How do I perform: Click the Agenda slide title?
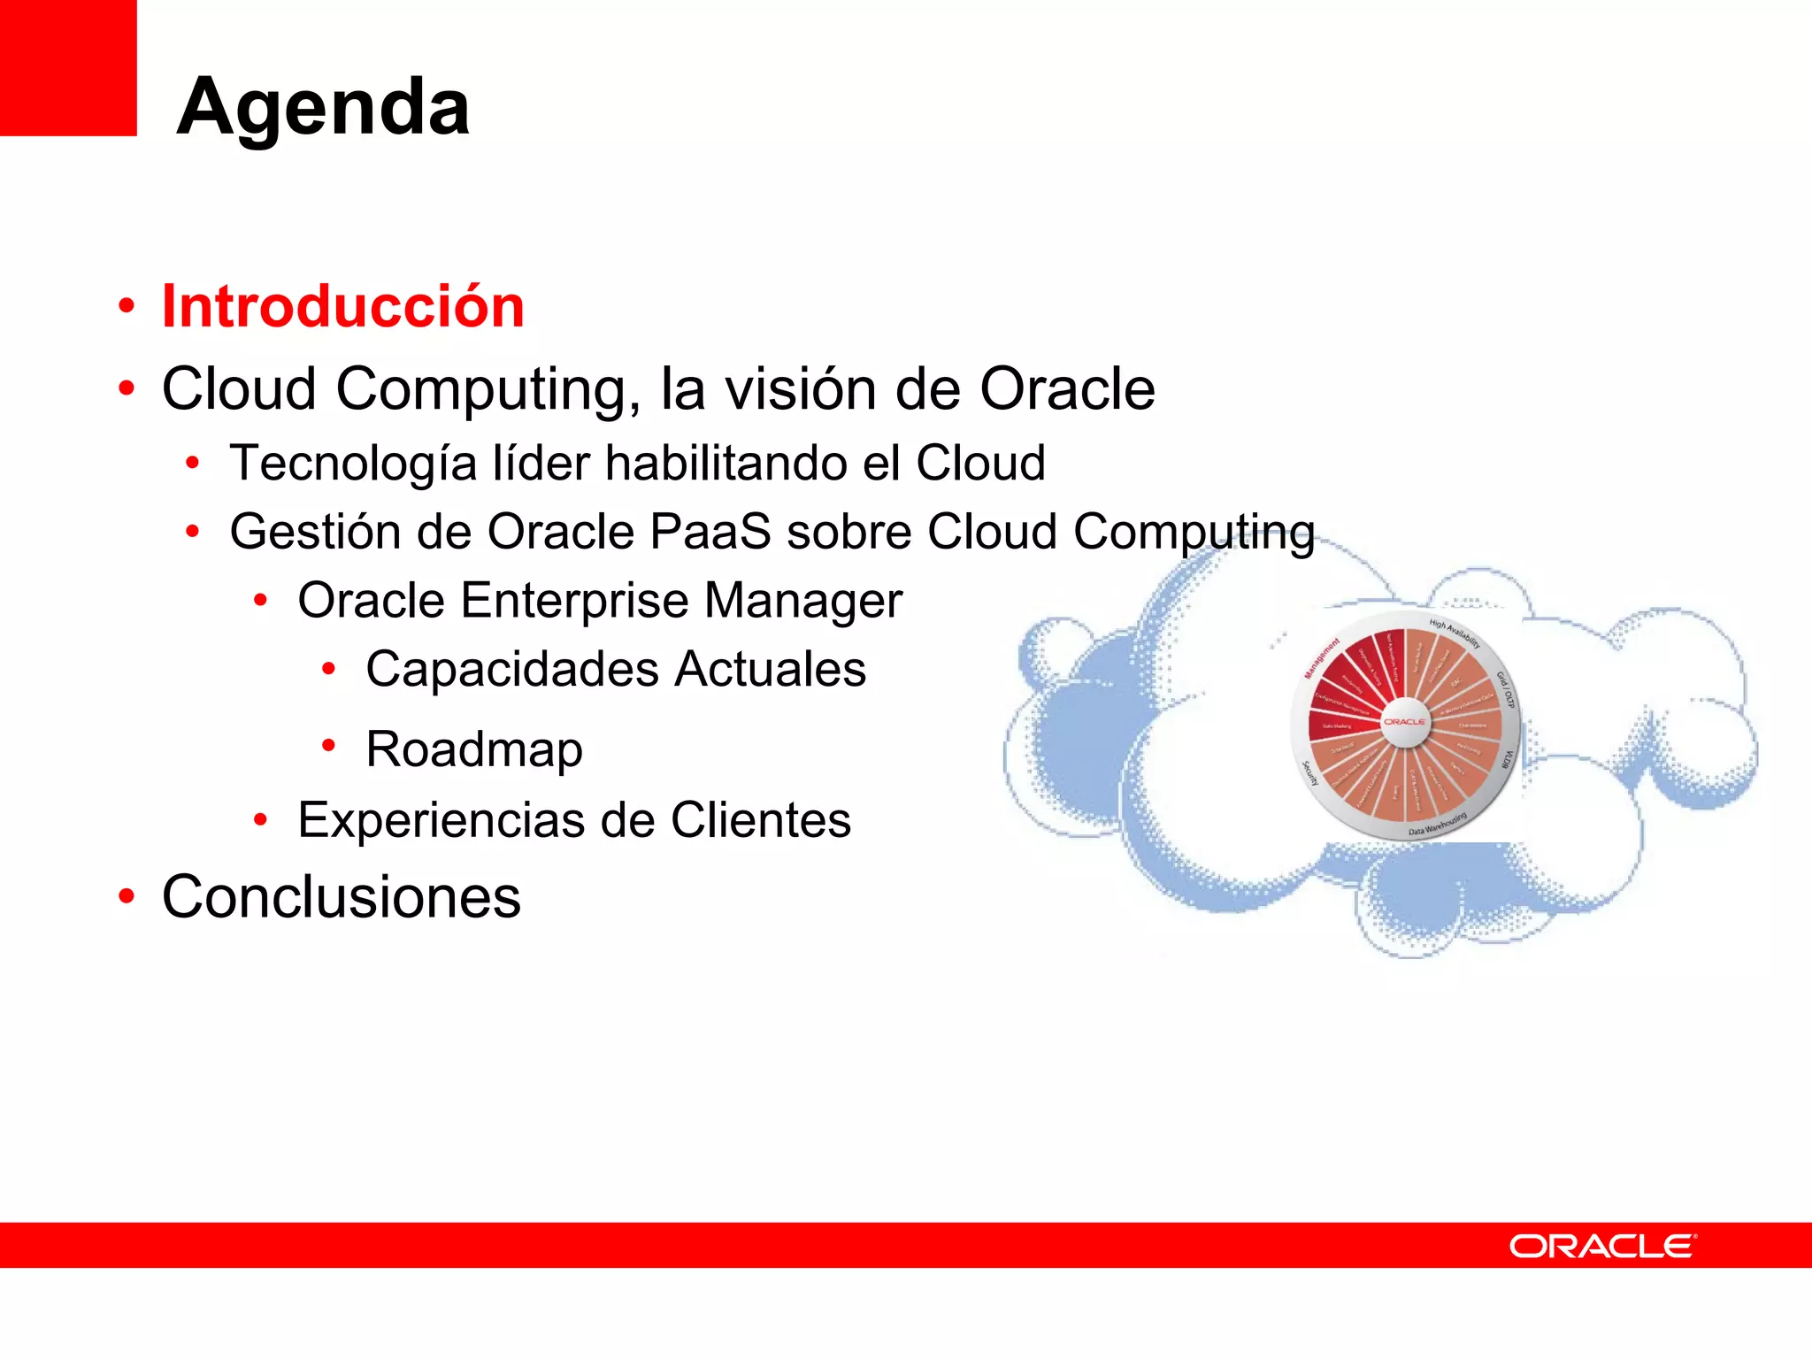pyautogui.click(x=323, y=107)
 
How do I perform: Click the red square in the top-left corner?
pyautogui.click(x=67, y=67)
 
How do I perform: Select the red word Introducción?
pyautogui.click(x=343, y=307)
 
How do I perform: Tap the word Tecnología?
pyautogui.click(x=352, y=465)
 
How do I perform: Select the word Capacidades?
pyautogui.click(x=512, y=669)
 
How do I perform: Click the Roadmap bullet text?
pyautogui.click(x=474, y=750)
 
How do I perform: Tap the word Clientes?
pyautogui.click(x=761, y=820)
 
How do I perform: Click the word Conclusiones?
pyautogui.click(x=342, y=897)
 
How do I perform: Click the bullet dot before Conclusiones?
pyautogui.click(x=127, y=896)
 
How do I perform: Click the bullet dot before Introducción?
pyautogui.click(x=127, y=306)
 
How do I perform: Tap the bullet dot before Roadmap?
pyautogui.click(x=328, y=746)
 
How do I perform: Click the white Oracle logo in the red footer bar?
pyautogui.click(x=1602, y=1247)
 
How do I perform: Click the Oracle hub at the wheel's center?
pyautogui.click(x=1404, y=722)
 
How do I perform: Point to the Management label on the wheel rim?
pyautogui.click(x=1322, y=658)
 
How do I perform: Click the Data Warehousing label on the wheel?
pyautogui.click(x=1438, y=825)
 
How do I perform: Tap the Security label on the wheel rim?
pyautogui.click(x=1310, y=773)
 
